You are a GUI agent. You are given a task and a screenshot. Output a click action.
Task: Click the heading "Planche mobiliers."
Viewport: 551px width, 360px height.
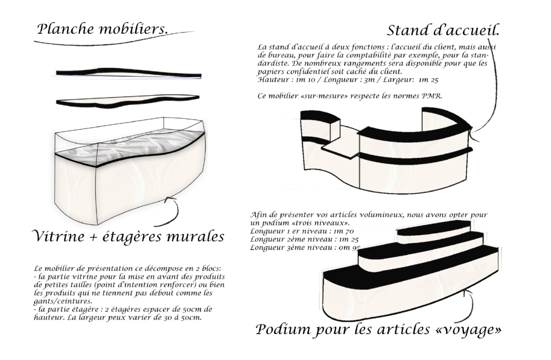[102, 29]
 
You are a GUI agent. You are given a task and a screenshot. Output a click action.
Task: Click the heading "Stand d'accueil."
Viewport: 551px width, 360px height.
[443, 30]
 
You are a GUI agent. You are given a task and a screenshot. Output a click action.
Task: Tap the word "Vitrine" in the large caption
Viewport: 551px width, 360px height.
[59, 236]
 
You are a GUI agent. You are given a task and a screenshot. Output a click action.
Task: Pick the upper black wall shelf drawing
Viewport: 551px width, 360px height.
[129, 72]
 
